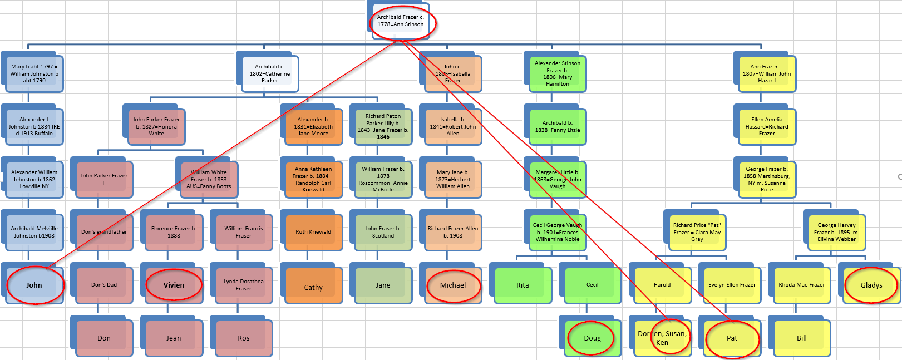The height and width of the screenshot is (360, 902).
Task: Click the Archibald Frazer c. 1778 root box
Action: coord(400,21)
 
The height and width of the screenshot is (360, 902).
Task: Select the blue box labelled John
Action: coord(34,285)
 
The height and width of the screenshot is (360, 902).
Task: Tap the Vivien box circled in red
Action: coord(174,285)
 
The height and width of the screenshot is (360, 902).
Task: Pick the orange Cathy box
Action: coord(313,287)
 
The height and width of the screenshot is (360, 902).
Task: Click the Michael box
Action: coord(452,285)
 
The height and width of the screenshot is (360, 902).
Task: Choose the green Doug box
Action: coord(592,338)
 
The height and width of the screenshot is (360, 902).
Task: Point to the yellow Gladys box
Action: coord(871,285)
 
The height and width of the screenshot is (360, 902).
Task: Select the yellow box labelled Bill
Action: coord(801,338)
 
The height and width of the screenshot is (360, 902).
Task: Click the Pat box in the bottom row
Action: coord(732,338)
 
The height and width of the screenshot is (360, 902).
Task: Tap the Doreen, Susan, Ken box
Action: coord(662,338)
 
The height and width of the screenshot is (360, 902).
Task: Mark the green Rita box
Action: coord(523,285)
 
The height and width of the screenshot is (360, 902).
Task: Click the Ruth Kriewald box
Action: coord(313,232)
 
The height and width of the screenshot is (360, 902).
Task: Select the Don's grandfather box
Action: coord(103,232)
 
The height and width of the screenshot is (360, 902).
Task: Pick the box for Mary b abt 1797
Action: coord(34,73)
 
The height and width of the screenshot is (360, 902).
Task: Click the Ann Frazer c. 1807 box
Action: coord(766,73)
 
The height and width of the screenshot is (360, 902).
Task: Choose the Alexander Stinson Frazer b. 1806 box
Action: coord(557,73)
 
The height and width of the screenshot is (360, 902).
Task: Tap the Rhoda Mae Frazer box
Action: coord(801,285)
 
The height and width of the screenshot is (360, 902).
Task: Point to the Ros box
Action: coord(243,338)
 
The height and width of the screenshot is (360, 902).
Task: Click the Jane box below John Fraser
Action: coord(383,285)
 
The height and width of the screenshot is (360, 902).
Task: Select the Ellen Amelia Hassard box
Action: coord(766,126)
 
